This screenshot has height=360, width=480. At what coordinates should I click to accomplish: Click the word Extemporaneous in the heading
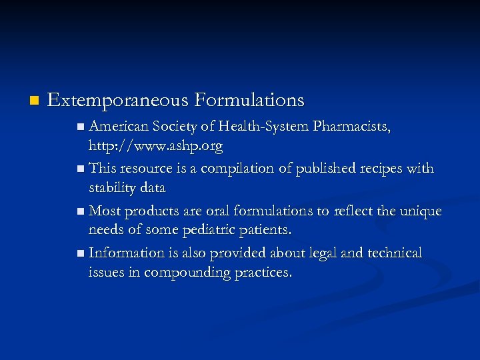(x=118, y=101)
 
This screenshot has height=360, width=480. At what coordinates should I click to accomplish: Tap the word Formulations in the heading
(x=249, y=101)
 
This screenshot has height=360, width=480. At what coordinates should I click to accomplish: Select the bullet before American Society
(x=81, y=127)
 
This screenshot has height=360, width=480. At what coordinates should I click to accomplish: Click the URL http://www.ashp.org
(x=155, y=145)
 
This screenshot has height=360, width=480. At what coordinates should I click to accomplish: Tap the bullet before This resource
(x=81, y=169)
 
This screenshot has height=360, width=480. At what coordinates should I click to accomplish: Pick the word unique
(x=420, y=211)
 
